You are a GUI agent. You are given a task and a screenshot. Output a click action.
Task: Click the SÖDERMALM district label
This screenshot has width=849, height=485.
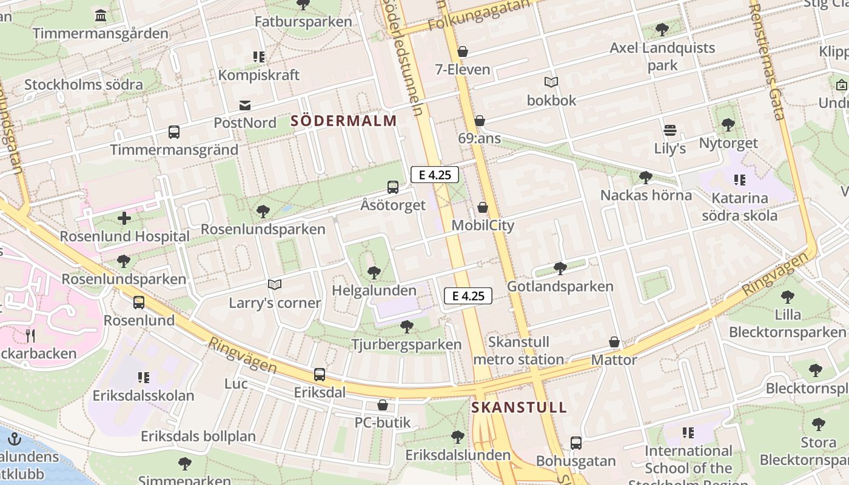tap(344, 121)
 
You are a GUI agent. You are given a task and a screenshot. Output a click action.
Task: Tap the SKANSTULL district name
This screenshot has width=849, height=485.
tap(519, 407)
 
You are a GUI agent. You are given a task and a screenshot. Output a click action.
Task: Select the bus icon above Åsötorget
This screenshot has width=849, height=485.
tap(393, 187)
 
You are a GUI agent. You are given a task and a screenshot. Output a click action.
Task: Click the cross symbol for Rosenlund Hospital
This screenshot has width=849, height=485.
tap(124, 218)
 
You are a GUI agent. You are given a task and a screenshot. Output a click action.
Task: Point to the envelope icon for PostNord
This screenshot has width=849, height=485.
tap(245, 105)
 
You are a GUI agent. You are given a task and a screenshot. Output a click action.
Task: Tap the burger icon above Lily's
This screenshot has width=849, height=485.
tap(670, 130)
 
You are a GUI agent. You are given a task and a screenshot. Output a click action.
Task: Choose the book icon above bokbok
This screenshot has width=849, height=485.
tap(551, 82)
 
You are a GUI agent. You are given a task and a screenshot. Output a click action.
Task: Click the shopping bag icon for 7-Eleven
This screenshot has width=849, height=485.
tap(463, 52)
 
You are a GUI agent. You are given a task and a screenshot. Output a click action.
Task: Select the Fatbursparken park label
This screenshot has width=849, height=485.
tap(303, 22)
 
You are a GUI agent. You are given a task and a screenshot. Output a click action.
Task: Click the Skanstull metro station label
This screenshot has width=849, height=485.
tap(518, 351)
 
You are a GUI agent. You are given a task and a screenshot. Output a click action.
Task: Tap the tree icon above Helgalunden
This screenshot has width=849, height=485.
tap(374, 273)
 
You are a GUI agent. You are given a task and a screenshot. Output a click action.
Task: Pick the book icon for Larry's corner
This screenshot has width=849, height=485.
tap(275, 284)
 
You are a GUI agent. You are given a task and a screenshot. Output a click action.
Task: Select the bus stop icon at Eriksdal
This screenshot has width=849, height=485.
tap(320, 375)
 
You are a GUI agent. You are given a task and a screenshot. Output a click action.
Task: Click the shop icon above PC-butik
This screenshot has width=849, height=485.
tap(383, 405)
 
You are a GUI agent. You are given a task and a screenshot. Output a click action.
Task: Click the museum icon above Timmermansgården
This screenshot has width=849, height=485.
tap(101, 15)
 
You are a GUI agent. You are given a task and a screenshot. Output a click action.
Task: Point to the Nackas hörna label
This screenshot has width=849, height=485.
tap(646, 195)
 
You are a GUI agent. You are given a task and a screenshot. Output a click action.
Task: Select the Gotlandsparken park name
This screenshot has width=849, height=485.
tap(560, 286)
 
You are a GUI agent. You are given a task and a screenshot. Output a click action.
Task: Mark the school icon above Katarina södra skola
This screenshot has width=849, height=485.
tap(739, 180)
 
